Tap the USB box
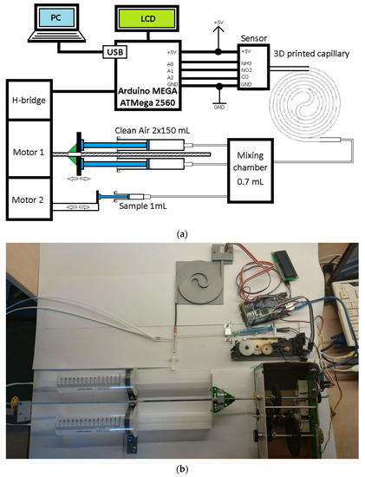[x=115, y=53]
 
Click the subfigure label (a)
[x=182, y=232]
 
